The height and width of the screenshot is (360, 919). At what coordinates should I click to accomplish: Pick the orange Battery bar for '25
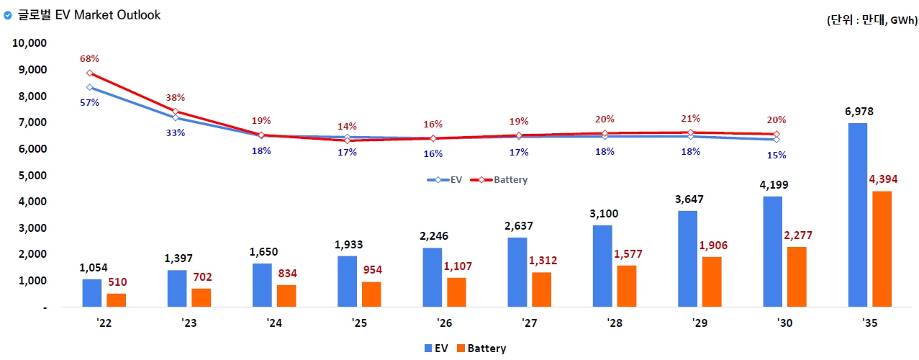click(x=371, y=294)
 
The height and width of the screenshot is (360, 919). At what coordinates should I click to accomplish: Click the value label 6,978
click(x=859, y=112)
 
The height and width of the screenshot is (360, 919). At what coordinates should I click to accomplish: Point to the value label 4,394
click(x=882, y=179)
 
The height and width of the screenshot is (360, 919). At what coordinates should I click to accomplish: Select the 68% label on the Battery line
click(x=89, y=58)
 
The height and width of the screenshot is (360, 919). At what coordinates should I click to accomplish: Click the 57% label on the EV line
click(x=90, y=103)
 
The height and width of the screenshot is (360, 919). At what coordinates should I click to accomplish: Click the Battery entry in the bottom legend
click(x=480, y=348)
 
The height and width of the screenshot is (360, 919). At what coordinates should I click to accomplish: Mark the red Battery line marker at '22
click(x=89, y=73)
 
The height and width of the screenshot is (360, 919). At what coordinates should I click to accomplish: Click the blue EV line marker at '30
click(x=777, y=139)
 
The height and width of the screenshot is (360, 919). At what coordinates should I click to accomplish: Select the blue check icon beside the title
click(x=8, y=14)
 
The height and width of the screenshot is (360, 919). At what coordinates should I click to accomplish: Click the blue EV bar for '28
click(x=602, y=266)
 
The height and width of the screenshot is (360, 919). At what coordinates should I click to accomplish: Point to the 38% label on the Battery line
click(x=176, y=97)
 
